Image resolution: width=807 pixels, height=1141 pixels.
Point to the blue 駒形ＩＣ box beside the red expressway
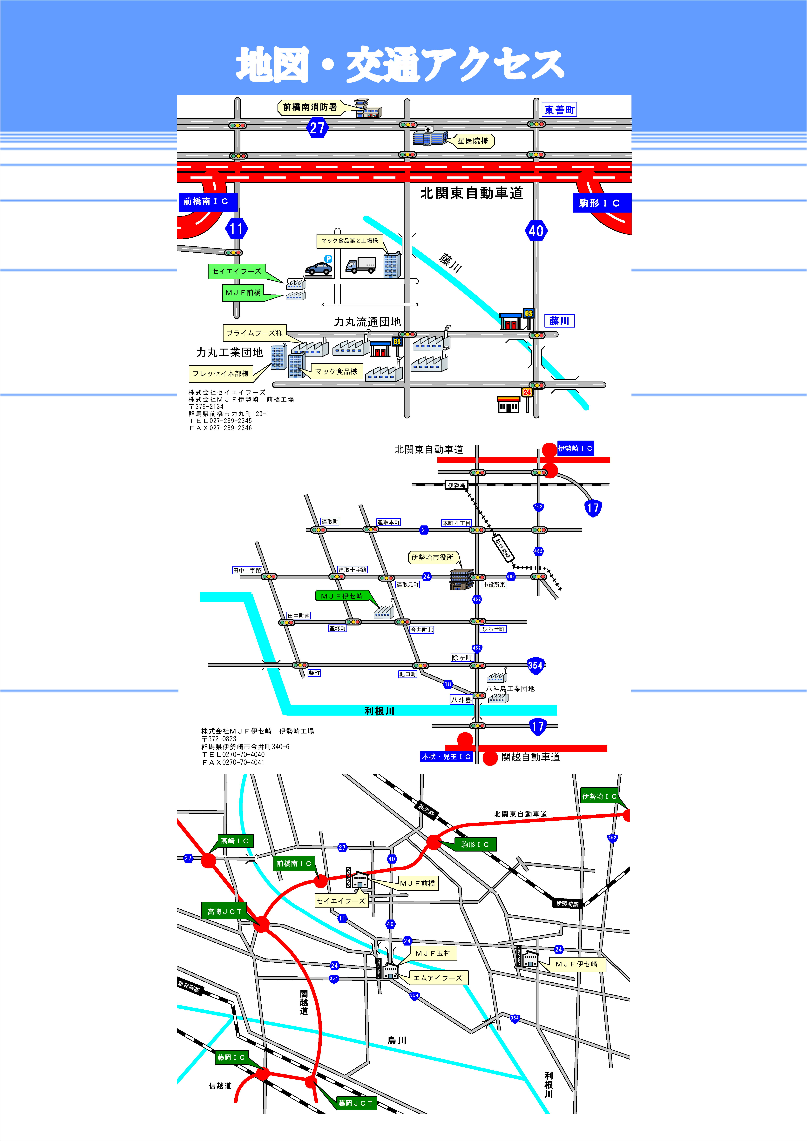(x=600, y=203)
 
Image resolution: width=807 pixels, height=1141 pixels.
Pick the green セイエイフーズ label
(x=237, y=271)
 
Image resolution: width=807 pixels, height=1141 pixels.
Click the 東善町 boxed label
(x=559, y=110)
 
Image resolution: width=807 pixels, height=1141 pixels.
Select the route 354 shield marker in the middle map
(x=535, y=665)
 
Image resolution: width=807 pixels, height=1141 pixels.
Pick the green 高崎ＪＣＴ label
(x=224, y=911)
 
